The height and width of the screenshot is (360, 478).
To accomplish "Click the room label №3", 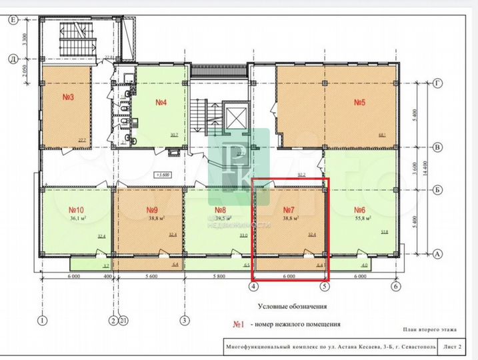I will [x=67, y=97].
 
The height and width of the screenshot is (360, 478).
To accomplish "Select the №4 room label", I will [x=161, y=102].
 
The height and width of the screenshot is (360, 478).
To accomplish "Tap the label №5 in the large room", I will [x=361, y=102].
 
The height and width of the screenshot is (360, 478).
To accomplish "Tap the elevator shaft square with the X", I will [x=237, y=117].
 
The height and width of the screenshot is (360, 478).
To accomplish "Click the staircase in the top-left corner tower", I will [x=71, y=34].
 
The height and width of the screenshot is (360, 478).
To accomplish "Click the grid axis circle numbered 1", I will [x=43, y=321].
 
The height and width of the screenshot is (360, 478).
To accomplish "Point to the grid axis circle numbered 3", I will [x=185, y=321].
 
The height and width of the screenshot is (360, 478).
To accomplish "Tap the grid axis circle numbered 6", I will [x=396, y=287].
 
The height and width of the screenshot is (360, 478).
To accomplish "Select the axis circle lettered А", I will [x=438, y=254].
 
